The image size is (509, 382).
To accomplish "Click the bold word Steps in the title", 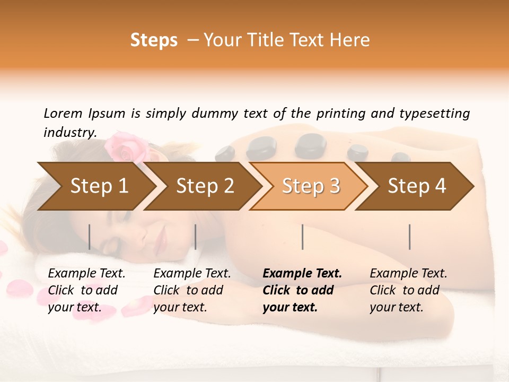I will pos(154,40).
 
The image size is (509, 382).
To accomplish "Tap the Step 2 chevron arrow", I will pos(205,186).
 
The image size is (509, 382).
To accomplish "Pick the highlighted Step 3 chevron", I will pos(311,186).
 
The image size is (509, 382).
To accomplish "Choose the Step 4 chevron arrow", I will pos(417,186).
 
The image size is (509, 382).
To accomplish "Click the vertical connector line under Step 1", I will pos(90,237).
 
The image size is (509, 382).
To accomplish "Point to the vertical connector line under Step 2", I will pos(196,237).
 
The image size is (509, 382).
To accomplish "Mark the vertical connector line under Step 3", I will pos(303,237).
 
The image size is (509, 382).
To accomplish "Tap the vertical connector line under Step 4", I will pos(410,237).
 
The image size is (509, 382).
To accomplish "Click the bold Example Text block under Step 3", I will pos(302,290).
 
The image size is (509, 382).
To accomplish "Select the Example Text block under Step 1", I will pos(86,290).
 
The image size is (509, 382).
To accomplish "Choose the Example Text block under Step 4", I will pos(408,290).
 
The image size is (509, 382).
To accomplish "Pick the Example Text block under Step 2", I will pos(192,290).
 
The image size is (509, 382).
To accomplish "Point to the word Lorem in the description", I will pos(63,113).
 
